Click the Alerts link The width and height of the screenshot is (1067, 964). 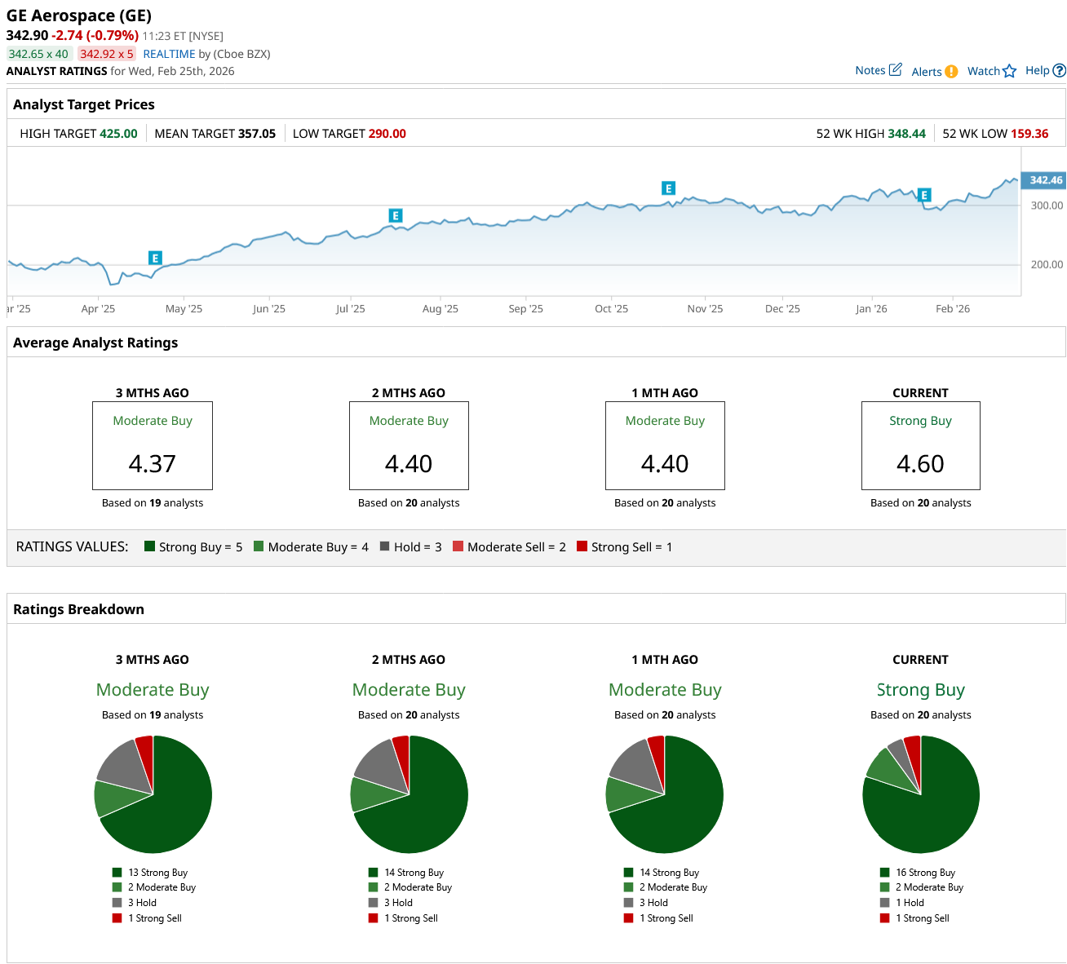(927, 72)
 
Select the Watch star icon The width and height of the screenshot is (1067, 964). (1010, 71)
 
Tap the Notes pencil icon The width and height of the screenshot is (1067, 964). (895, 69)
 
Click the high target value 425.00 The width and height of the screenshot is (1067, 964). (118, 134)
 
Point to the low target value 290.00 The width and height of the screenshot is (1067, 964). (387, 134)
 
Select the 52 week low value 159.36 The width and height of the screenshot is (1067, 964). (1029, 134)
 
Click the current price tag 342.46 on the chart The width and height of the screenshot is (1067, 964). (1045, 180)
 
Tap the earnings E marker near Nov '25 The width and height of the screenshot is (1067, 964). (668, 188)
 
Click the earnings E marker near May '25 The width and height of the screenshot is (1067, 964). (155, 258)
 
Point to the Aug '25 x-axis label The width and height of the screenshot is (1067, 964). (441, 309)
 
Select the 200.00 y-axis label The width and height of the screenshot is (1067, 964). (1047, 265)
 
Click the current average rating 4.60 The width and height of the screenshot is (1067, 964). (920, 463)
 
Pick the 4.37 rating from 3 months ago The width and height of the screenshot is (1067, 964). (153, 463)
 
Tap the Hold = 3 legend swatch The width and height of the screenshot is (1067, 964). (384, 546)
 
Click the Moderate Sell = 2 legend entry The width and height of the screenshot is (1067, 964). (516, 547)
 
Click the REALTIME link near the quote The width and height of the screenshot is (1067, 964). (169, 54)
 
